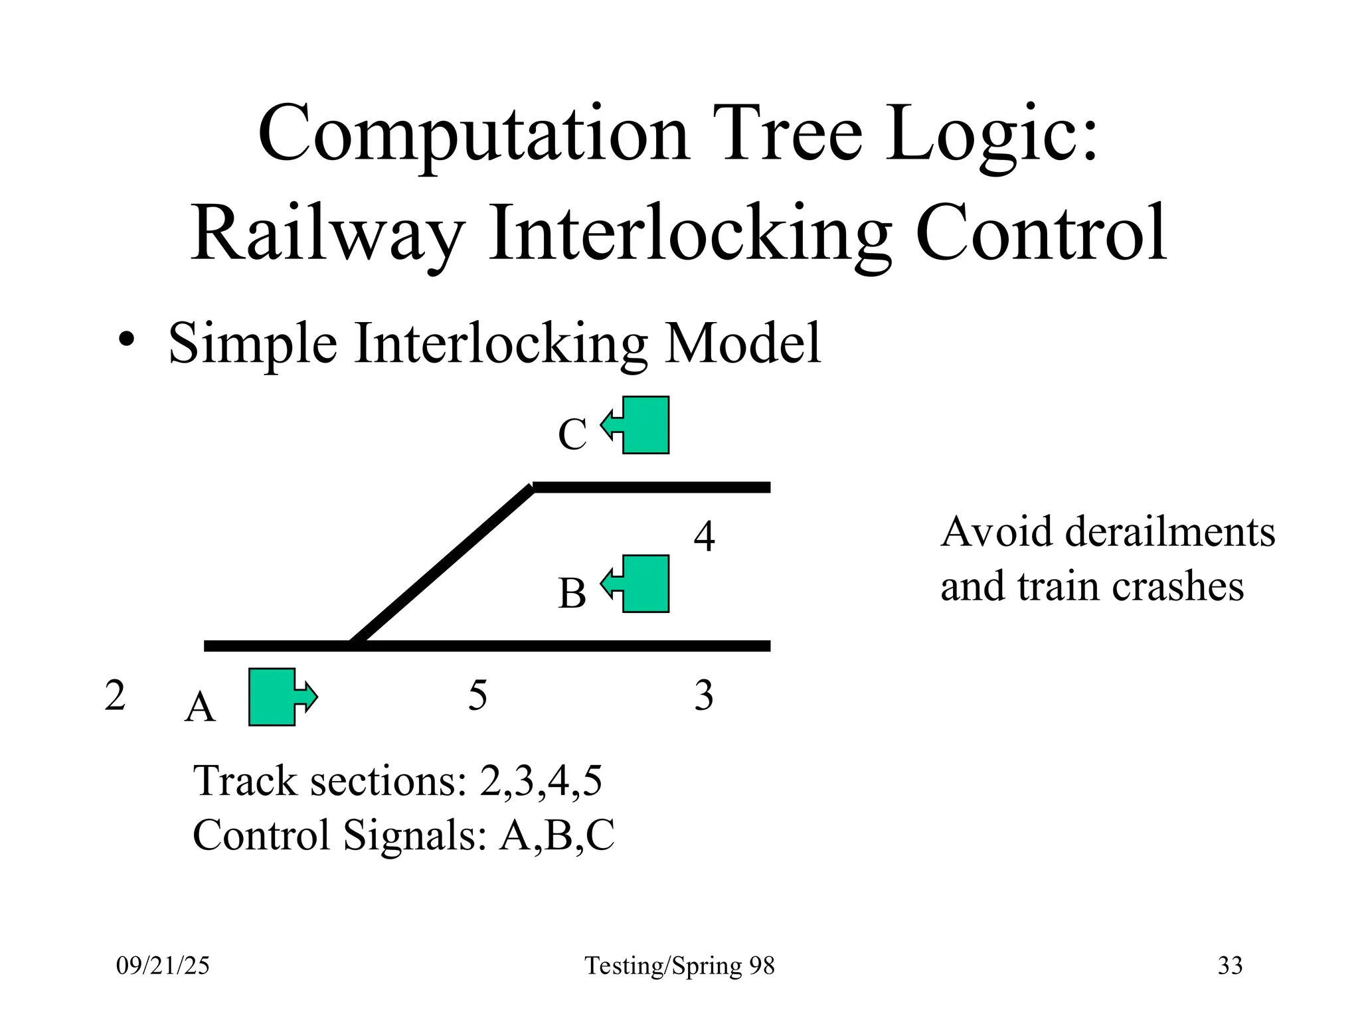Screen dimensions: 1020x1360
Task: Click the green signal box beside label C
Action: (645, 425)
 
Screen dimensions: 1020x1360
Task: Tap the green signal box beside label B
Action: (645, 584)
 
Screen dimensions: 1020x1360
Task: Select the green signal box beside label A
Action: (272, 697)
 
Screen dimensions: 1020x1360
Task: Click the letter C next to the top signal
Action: (572, 435)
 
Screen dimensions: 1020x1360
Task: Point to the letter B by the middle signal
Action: (572, 593)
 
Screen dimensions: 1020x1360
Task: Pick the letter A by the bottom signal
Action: (200, 707)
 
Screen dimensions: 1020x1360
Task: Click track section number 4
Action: (704, 536)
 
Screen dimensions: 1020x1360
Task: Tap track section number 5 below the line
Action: (477, 695)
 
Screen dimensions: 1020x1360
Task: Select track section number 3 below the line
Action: (704, 695)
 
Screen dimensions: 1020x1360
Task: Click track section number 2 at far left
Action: (115, 695)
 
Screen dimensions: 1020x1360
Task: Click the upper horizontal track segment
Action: (651, 487)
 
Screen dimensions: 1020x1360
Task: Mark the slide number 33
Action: (1230, 966)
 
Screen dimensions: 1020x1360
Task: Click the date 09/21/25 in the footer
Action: (163, 966)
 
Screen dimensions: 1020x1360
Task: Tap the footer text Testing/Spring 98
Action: (679, 966)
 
